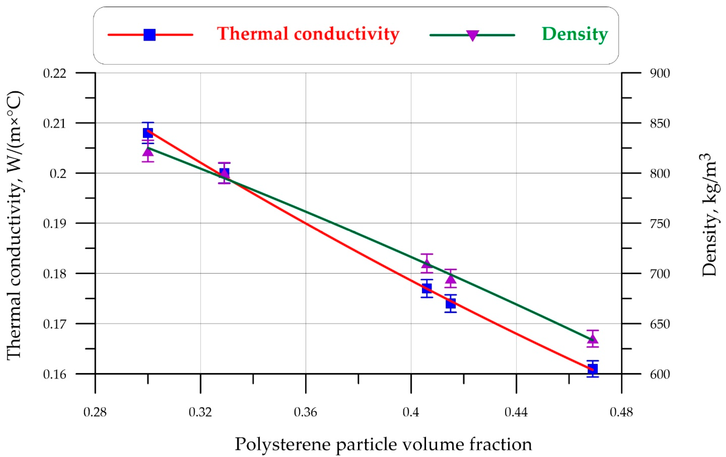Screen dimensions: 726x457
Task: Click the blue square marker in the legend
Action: click(x=149, y=35)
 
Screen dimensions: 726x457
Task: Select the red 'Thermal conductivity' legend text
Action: click(x=308, y=34)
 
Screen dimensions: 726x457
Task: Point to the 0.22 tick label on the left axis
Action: click(x=54, y=73)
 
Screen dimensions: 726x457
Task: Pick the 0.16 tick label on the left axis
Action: click(x=54, y=374)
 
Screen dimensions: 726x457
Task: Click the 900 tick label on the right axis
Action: click(x=660, y=73)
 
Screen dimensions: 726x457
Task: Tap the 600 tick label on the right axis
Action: click(x=660, y=374)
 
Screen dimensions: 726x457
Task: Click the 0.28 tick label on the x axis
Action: click(x=95, y=412)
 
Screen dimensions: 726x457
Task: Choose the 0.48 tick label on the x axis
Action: click(x=621, y=412)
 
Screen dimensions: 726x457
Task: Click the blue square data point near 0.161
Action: click(x=593, y=369)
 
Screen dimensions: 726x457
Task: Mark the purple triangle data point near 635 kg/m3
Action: click(x=593, y=339)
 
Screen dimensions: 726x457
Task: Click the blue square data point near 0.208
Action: click(x=148, y=133)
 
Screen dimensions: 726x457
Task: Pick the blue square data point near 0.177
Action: click(x=427, y=288)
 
